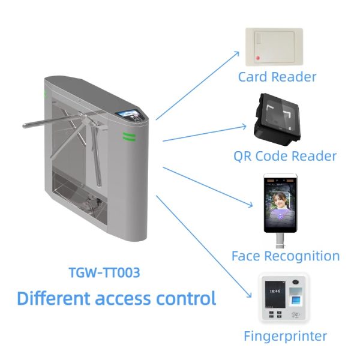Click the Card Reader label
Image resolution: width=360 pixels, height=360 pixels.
point(277,77)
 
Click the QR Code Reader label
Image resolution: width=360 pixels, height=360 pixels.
point(284,156)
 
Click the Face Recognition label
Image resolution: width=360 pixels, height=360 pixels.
point(285,256)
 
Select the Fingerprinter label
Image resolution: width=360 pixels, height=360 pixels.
point(285,335)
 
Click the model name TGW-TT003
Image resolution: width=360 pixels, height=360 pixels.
point(104,273)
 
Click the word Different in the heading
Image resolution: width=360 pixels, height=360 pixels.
point(52,298)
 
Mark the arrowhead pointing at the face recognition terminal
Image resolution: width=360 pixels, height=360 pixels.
point(251,207)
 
